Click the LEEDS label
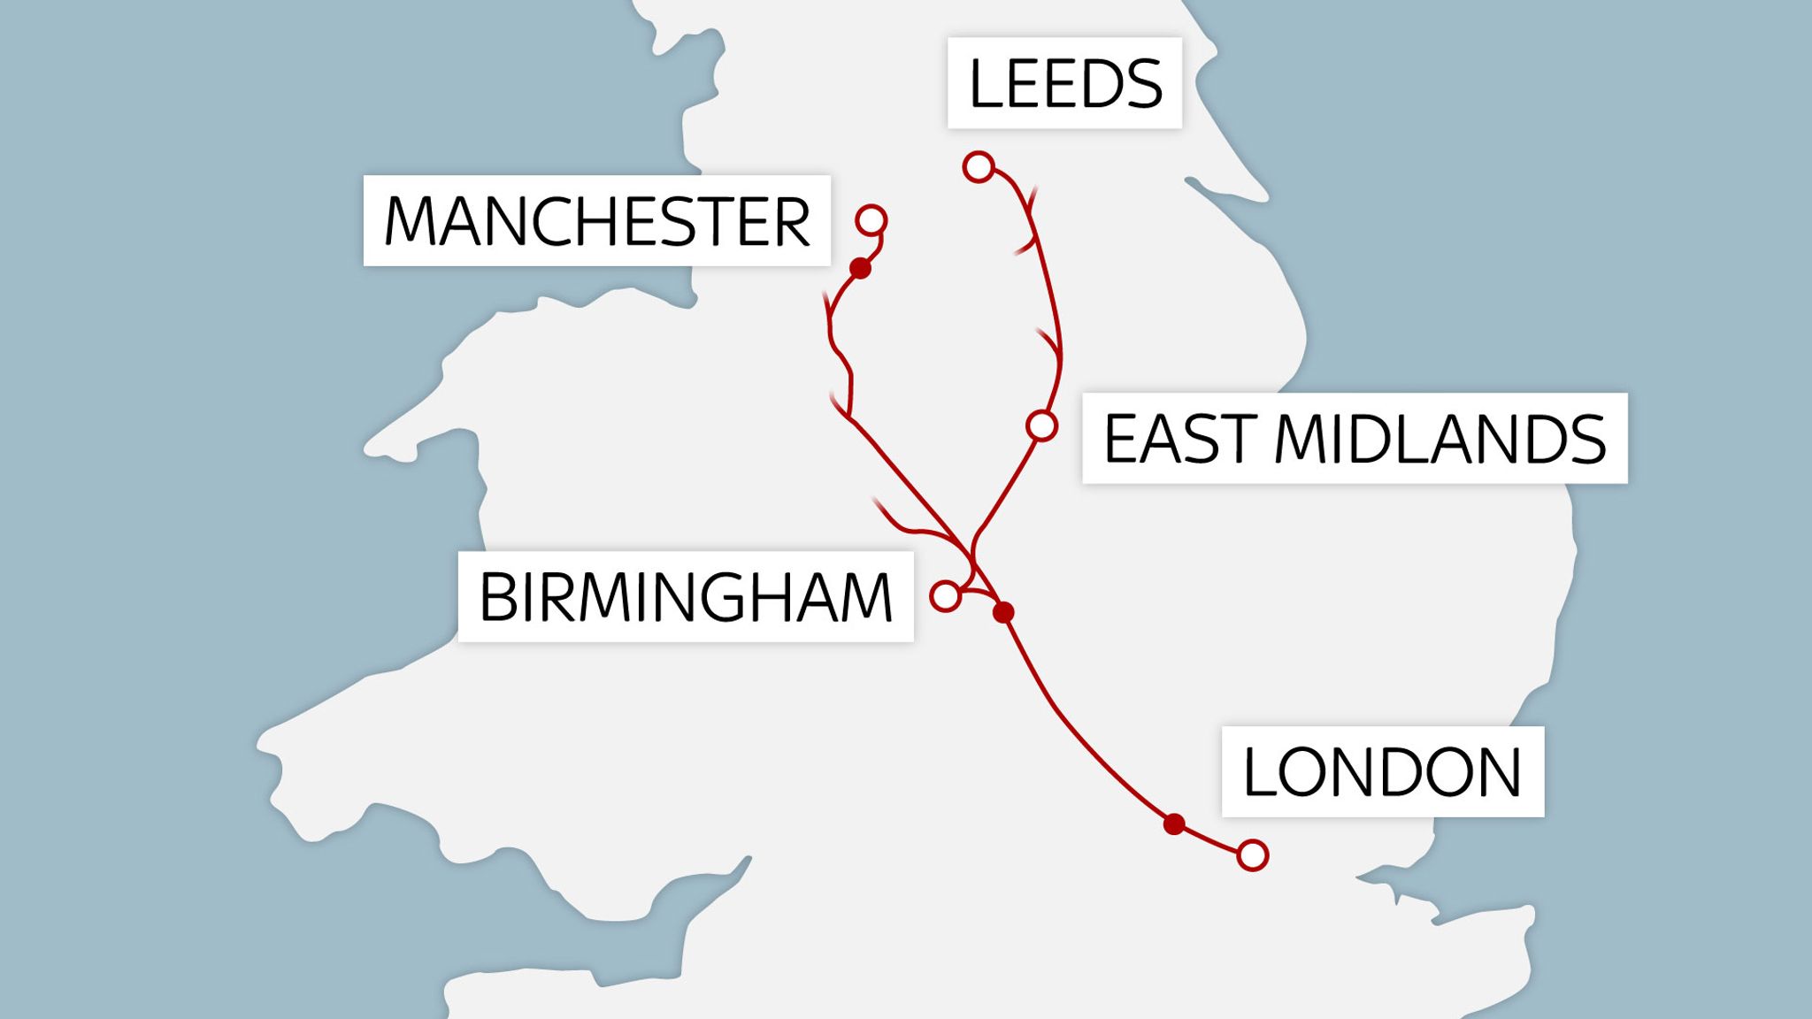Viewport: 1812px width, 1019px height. [x=1064, y=83]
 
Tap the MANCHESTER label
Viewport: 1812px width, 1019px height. [x=596, y=220]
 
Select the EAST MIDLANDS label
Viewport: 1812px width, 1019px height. [x=1354, y=438]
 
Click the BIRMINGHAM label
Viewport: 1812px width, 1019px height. [x=685, y=596]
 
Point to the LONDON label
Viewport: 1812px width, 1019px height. [x=1382, y=771]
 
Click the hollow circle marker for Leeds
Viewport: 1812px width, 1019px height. [x=979, y=166]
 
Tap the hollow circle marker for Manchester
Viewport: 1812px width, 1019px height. [x=871, y=219]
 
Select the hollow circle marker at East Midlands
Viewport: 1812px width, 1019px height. [x=1042, y=425]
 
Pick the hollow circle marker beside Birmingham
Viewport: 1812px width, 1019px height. [x=946, y=596]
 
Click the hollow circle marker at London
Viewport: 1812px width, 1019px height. [x=1253, y=855]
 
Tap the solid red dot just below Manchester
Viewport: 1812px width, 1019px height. [x=860, y=268]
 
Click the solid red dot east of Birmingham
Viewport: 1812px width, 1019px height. [x=1003, y=612]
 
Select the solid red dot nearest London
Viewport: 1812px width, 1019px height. [x=1174, y=824]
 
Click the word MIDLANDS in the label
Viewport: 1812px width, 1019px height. [x=1440, y=438]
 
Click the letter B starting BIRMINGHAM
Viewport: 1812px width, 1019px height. [x=498, y=596]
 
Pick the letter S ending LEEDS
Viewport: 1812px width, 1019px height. [x=1142, y=83]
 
